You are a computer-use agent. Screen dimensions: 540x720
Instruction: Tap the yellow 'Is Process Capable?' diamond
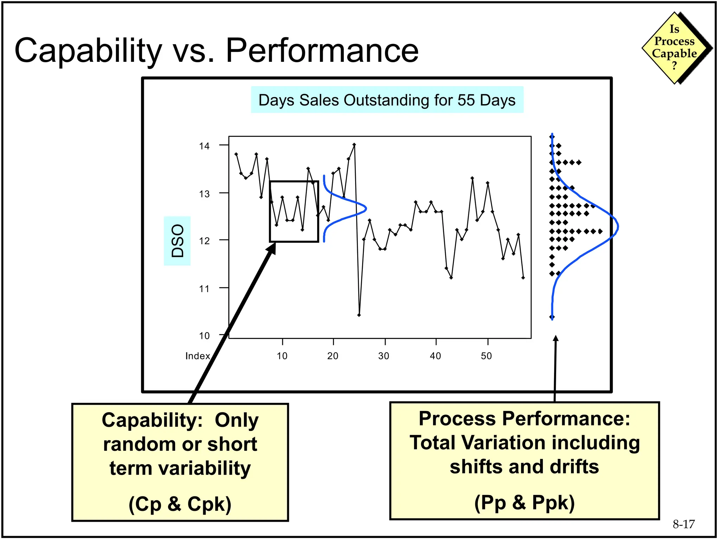[674, 48]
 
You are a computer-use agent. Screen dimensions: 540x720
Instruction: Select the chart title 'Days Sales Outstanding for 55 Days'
[387, 100]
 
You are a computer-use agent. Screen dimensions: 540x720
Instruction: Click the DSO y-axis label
[177, 241]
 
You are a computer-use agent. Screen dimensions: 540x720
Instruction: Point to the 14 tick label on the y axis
[204, 146]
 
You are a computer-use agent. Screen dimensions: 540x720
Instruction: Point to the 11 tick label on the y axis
[204, 289]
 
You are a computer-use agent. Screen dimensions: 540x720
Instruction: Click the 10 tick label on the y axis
[204, 336]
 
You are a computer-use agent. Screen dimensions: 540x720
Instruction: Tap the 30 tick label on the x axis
[384, 356]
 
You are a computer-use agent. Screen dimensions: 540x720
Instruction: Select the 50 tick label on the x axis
[486, 356]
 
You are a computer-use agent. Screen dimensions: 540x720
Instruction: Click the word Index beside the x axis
[198, 356]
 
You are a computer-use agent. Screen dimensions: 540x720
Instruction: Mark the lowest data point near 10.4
[359, 315]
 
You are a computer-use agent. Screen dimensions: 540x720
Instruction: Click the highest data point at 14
[354, 144]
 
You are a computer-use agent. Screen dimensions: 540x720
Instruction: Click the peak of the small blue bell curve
[366, 208]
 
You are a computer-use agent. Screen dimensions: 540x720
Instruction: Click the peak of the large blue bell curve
[617, 227]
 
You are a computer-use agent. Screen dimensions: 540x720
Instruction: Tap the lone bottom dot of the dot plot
[552, 317]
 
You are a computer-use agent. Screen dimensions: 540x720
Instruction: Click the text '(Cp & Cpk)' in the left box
[180, 504]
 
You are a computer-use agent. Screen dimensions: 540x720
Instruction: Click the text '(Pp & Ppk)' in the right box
[524, 502]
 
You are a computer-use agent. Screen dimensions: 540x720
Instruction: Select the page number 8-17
[683, 524]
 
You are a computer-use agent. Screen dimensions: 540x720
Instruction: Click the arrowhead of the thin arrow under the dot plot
[556, 338]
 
